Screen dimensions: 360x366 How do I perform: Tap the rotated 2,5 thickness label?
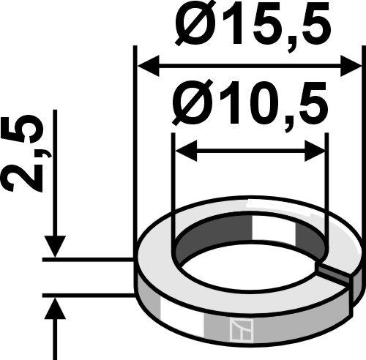pos(27,156)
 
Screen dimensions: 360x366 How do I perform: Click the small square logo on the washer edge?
pos(239,331)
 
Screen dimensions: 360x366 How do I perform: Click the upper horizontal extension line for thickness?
pos(88,258)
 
